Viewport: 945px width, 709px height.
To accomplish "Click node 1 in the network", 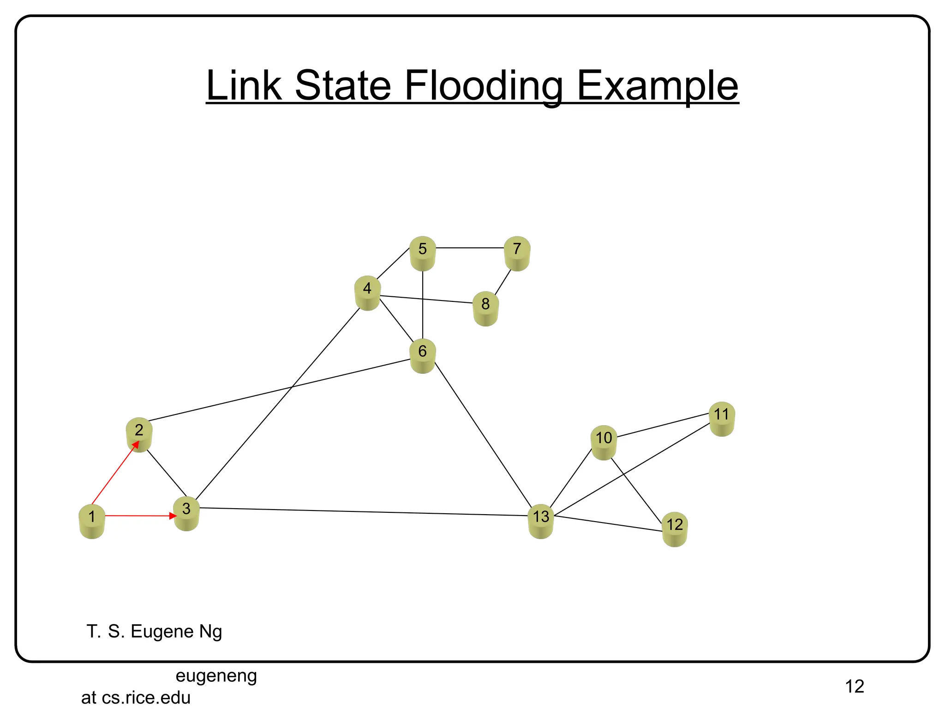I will coord(92,521).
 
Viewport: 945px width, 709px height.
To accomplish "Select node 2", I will coord(139,434).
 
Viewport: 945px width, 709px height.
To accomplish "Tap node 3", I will coord(186,513).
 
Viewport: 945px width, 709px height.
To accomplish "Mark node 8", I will coord(485,308).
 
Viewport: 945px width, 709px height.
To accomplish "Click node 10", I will coord(604,442).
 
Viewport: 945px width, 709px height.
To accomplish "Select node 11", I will coord(722,419).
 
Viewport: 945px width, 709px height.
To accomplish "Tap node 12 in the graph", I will coord(675,529).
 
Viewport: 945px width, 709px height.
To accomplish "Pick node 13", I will coord(541,521).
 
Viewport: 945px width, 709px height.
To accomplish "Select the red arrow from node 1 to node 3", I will coord(138,516).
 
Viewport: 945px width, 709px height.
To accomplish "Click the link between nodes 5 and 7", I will coord(470,248).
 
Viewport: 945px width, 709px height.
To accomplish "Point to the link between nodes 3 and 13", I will coord(365,512).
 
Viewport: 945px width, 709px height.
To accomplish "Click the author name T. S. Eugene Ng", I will coord(154,631).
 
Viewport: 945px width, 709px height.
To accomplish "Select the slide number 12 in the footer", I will coord(854,686).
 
